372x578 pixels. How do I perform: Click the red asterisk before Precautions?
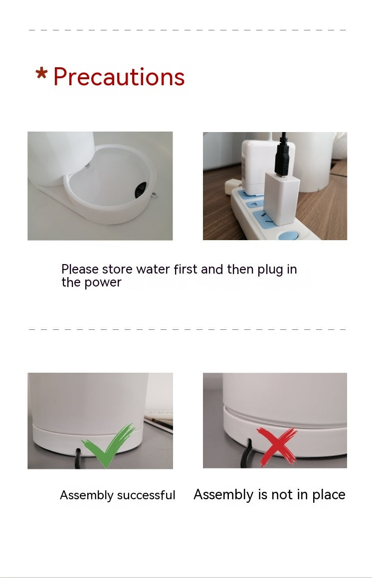click(41, 74)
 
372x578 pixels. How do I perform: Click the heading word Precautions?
click(119, 77)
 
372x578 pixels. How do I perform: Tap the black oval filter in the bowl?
click(142, 190)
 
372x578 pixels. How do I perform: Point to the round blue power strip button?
click(288, 235)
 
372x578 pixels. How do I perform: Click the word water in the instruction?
click(153, 270)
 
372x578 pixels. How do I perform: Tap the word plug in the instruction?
click(270, 270)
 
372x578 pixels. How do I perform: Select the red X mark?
click(277, 445)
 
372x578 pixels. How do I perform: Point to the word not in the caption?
click(282, 495)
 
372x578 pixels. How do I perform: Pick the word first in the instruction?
click(186, 270)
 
